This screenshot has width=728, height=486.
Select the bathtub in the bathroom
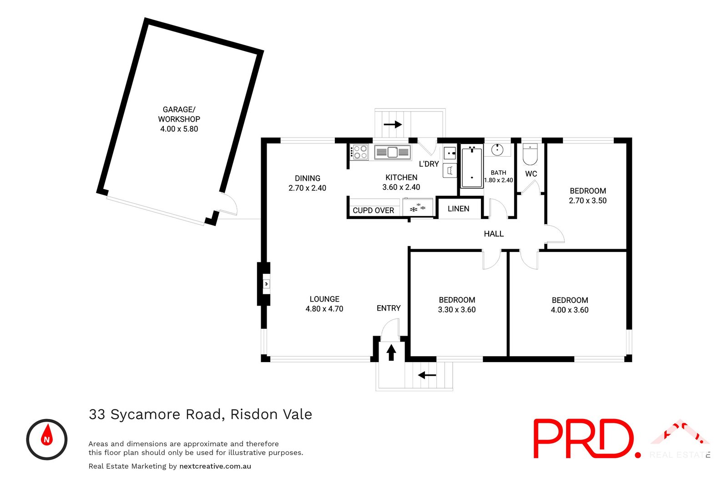tap(472, 167)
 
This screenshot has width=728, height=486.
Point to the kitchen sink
tap(392, 152)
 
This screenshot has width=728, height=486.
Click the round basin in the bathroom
tap(497, 149)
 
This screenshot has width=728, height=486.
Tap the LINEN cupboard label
tap(458, 209)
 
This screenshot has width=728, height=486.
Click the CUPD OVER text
tap(373, 210)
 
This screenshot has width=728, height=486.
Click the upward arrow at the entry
tap(391, 353)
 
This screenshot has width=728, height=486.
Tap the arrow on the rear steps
tap(393, 124)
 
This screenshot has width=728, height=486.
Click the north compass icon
tap(47, 439)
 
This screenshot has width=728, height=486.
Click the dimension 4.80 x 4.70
tap(324, 309)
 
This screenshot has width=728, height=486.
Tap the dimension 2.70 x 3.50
tap(587, 200)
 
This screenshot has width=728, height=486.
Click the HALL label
tap(493, 234)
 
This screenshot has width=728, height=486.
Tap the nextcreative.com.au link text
tap(215, 466)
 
